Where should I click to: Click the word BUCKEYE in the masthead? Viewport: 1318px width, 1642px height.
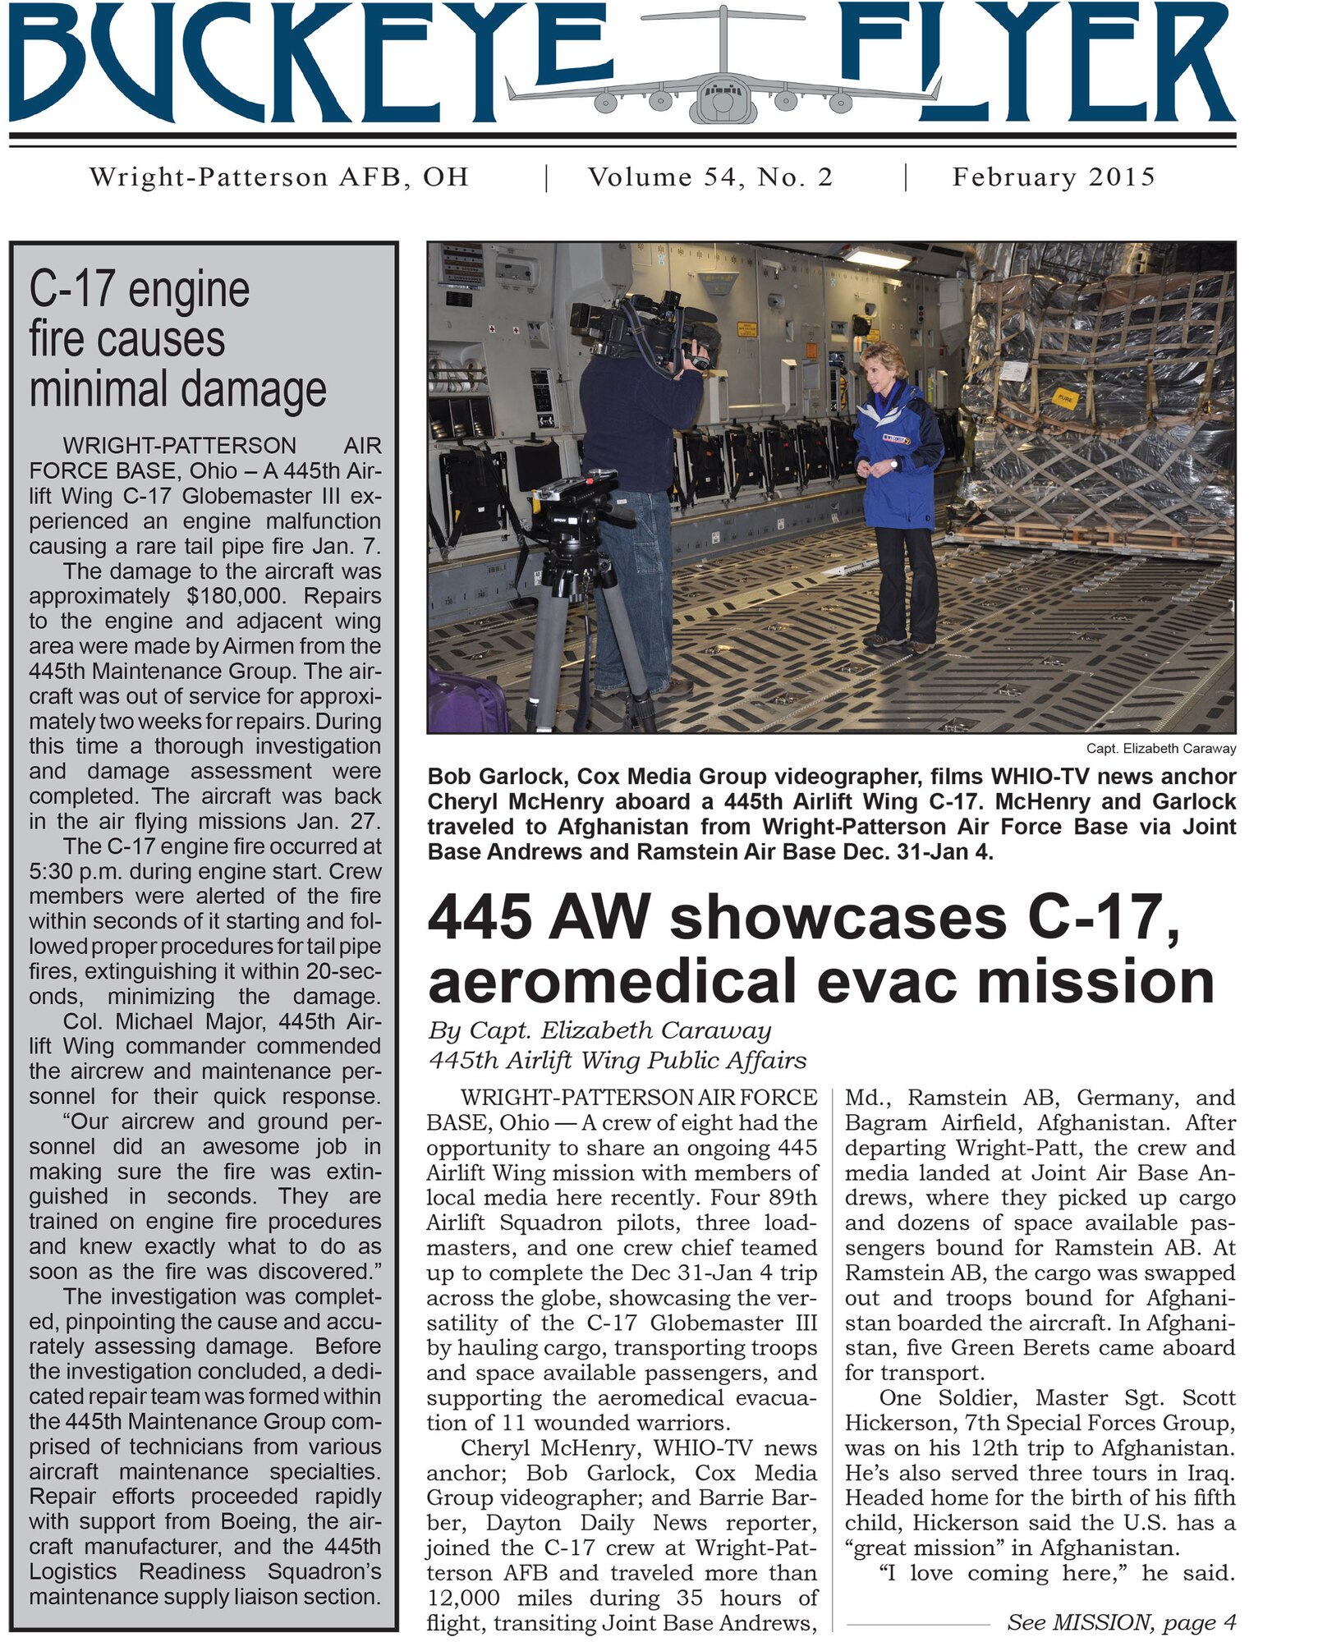point(312,62)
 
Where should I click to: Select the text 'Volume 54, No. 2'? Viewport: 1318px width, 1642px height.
point(710,177)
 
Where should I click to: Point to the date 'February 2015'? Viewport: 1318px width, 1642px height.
point(1054,177)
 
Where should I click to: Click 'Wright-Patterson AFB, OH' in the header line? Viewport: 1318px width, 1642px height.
point(279,177)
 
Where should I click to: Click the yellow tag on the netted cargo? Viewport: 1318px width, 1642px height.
point(1064,399)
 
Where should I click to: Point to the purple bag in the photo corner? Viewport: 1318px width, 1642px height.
point(464,702)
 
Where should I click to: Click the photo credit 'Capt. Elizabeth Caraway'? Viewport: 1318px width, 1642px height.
point(1160,749)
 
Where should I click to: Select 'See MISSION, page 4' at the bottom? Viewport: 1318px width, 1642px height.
point(1121,1622)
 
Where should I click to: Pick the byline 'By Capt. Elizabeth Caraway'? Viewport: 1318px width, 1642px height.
point(599,1030)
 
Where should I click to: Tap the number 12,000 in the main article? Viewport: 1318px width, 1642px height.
point(464,1598)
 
